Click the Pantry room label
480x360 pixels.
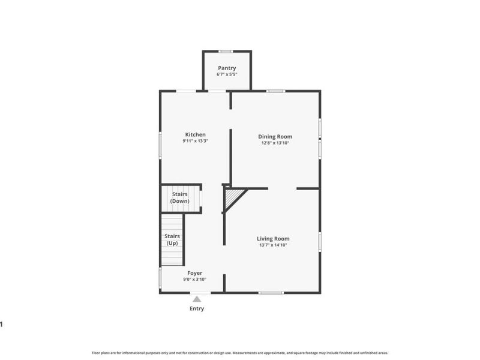point(226,68)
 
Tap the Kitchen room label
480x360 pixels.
point(195,134)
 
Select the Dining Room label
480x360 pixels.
point(275,136)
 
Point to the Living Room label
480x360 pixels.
point(273,238)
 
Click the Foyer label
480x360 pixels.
point(194,272)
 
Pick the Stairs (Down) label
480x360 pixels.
point(180,197)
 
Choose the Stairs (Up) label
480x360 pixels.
point(172,239)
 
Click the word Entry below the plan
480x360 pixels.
point(197,308)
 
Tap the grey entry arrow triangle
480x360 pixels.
point(197,298)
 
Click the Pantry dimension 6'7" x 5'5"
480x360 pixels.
point(226,75)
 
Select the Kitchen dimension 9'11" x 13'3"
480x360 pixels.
point(195,141)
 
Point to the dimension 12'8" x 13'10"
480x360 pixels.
point(275,143)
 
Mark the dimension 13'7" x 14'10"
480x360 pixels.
point(273,245)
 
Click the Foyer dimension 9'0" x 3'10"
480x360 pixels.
point(194,279)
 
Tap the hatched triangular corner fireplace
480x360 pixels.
point(232,196)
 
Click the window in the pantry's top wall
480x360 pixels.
point(226,51)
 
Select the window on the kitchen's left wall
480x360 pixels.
point(160,145)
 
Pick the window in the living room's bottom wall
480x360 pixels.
point(271,293)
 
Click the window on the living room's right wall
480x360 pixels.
point(320,241)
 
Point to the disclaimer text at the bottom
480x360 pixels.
point(239,353)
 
